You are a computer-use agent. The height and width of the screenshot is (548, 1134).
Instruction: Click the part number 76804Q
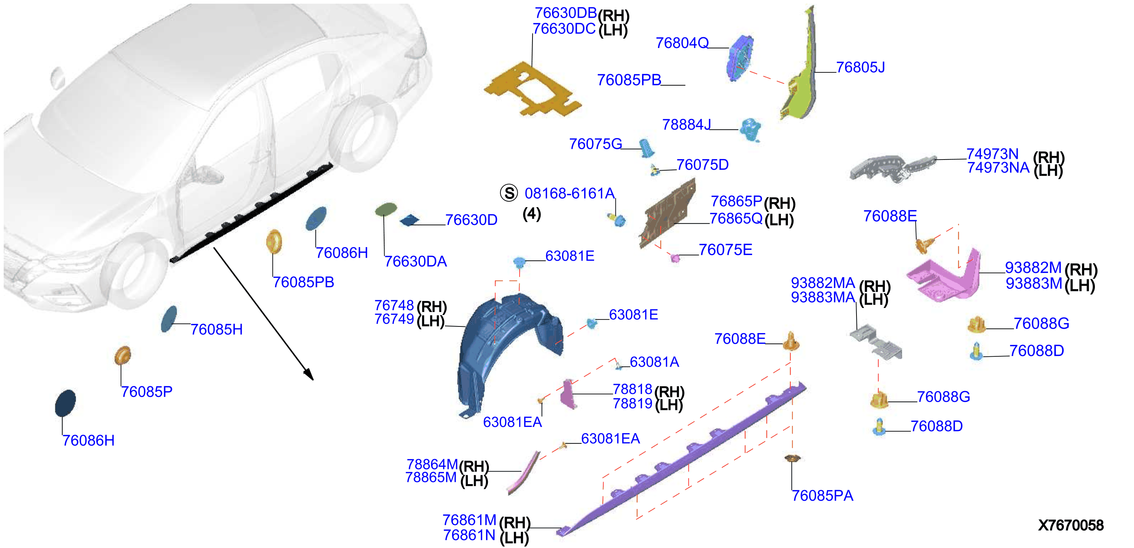pyautogui.click(x=682, y=43)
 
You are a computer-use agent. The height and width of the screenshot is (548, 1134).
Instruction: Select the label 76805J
pyautogui.click(x=860, y=68)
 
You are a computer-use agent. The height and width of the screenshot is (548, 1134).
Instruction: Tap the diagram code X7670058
pyautogui.click(x=1071, y=525)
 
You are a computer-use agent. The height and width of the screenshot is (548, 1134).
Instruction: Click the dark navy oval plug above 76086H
pyautogui.click(x=65, y=403)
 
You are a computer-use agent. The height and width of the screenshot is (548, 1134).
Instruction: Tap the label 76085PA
pyautogui.click(x=822, y=496)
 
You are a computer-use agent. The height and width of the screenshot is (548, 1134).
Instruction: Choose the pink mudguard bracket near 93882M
pyautogui.click(x=947, y=278)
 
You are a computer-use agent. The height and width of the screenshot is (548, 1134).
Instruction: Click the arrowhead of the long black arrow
pyautogui.click(x=309, y=374)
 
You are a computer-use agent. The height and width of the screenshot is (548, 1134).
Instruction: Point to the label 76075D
pyautogui.click(x=703, y=165)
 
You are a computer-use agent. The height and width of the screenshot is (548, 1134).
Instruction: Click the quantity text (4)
pyautogui.click(x=532, y=214)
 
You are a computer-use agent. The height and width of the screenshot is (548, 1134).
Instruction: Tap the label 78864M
pyautogui.click(x=432, y=464)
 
